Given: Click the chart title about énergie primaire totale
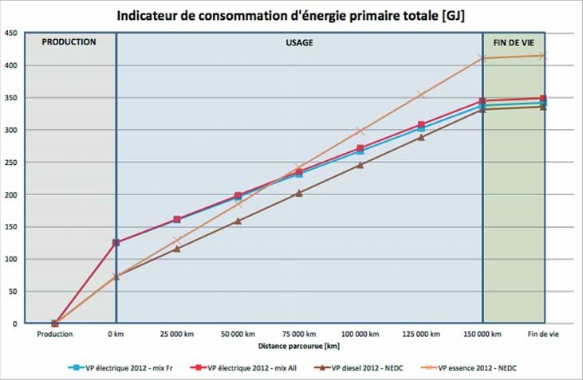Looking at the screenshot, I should [x=291, y=15].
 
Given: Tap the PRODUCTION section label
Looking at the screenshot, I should [x=69, y=42].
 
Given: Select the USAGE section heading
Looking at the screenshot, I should [x=300, y=42].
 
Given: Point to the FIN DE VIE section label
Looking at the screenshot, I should [x=514, y=42].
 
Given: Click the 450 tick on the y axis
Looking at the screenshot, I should [x=11, y=33].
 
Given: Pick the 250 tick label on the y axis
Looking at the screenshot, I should [x=11, y=163].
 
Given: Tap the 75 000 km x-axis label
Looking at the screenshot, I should [x=299, y=335].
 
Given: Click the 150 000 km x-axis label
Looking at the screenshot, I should [x=483, y=335].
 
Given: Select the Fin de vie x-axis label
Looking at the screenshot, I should [x=544, y=335].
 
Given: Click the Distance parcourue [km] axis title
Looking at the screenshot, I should [x=299, y=346].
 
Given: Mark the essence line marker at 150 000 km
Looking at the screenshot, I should [x=483, y=57].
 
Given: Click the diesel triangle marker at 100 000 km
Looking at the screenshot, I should [x=360, y=165].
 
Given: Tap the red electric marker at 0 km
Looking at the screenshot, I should [x=116, y=242].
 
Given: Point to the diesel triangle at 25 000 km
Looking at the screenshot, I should [x=177, y=249].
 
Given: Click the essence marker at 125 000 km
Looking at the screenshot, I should [x=421, y=94].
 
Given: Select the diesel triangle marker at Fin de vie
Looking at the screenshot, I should [x=544, y=107].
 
